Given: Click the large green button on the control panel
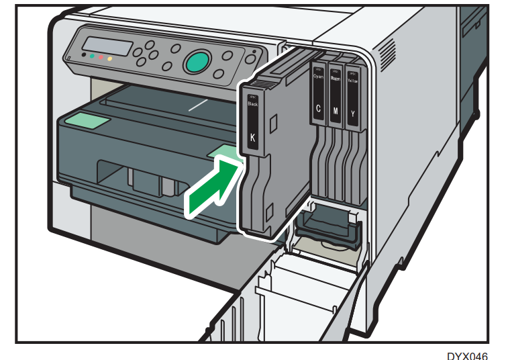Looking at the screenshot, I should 196,63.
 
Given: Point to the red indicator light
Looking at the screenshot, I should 101,58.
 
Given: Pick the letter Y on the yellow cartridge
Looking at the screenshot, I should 353,114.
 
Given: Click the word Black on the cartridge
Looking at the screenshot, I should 252,105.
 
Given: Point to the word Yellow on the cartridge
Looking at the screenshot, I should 353,80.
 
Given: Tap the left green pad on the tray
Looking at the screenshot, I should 87,121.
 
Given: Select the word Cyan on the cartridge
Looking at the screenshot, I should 319,76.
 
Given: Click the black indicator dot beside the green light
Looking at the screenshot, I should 83,56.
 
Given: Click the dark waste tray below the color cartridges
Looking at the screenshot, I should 329,228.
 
